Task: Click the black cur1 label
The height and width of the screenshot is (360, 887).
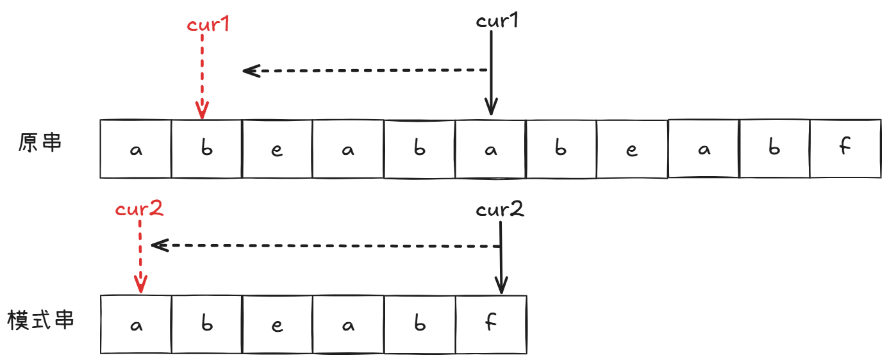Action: click(x=497, y=20)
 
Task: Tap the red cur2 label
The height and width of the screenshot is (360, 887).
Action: click(x=139, y=209)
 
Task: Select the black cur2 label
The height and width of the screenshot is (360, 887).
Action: click(x=500, y=209)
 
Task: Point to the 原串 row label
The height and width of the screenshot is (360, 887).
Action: click(x=40, y=142)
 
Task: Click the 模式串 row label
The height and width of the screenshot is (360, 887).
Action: click(x=40, y=320)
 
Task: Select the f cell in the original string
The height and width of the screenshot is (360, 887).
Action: click(x=845, y=149)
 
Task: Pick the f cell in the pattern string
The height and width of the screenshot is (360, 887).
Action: click(x=491, y=324)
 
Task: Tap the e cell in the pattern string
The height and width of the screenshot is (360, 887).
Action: click(x=278, y=324)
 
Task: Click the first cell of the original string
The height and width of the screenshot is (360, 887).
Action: click(x=136, y=149)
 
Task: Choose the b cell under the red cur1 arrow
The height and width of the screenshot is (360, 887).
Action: click(x=206, y=149)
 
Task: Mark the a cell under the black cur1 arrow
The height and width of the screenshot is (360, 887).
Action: click(x=491, y=149)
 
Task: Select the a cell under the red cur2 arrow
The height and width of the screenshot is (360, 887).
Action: click(x=136, y=324)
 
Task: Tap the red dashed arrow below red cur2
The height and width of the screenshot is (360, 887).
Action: click(x=140, y=256)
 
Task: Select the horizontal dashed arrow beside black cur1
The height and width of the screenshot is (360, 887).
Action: click(x=365, y=70)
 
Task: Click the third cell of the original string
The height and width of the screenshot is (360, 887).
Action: click(x=278, y=149)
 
